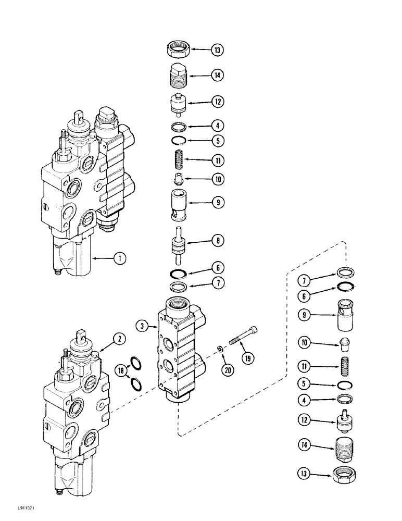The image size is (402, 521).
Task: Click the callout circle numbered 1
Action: [x=120, y=257]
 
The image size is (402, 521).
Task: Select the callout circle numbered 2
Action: [x=120, y=339]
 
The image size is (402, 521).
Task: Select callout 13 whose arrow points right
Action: [x=304, y=475]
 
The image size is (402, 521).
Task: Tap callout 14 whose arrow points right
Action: [x=303, y=445]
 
